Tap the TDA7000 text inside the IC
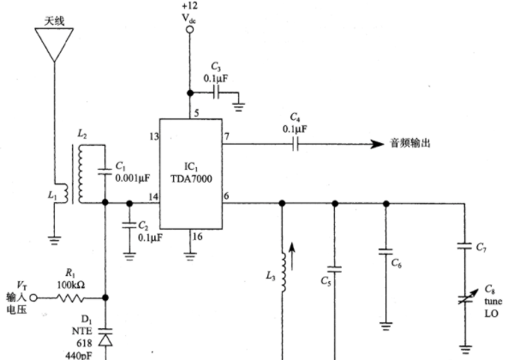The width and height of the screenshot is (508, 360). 191,178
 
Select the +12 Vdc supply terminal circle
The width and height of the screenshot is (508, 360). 190,30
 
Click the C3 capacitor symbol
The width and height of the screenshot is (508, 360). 216,93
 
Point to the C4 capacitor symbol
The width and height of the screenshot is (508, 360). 295,143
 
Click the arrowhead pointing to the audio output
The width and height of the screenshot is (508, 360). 377,144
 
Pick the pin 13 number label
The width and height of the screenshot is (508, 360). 154,137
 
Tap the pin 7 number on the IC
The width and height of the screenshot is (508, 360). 227,136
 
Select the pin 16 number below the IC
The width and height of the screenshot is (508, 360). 197,237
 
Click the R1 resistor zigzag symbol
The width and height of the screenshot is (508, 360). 70,297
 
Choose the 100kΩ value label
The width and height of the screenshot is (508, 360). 71,285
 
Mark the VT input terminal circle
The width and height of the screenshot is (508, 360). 33,297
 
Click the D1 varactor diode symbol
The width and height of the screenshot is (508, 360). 105,338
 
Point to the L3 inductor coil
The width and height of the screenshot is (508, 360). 284,273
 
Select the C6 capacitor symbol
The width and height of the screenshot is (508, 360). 385,252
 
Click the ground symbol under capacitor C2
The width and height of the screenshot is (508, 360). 129,256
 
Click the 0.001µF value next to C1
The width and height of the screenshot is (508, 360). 133,178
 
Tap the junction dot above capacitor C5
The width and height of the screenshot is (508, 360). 335,203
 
